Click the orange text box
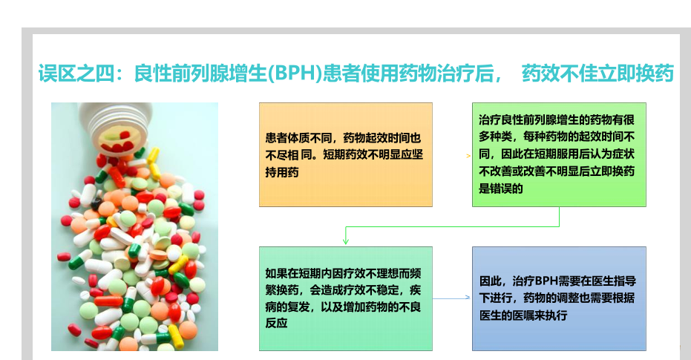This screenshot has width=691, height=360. pos(346,154)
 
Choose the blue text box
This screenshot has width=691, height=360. pos(559,298)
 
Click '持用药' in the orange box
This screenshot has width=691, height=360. pos(282,172)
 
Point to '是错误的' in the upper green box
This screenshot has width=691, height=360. pos(501,189)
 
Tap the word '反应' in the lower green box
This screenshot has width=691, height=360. pos(276,323)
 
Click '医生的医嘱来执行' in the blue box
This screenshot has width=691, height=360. pos(523,315)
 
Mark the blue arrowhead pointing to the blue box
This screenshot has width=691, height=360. pos(468,298)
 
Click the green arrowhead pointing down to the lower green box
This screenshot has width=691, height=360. pos(346,240)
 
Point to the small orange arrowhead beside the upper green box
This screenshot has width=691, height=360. pos(468,156)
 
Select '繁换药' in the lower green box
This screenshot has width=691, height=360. pos(282,290)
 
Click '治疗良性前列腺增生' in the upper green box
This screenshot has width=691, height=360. pos(528,120)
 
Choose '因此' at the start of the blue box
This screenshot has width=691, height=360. pos(491,281)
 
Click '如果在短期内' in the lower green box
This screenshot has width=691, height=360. pos(298,273)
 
